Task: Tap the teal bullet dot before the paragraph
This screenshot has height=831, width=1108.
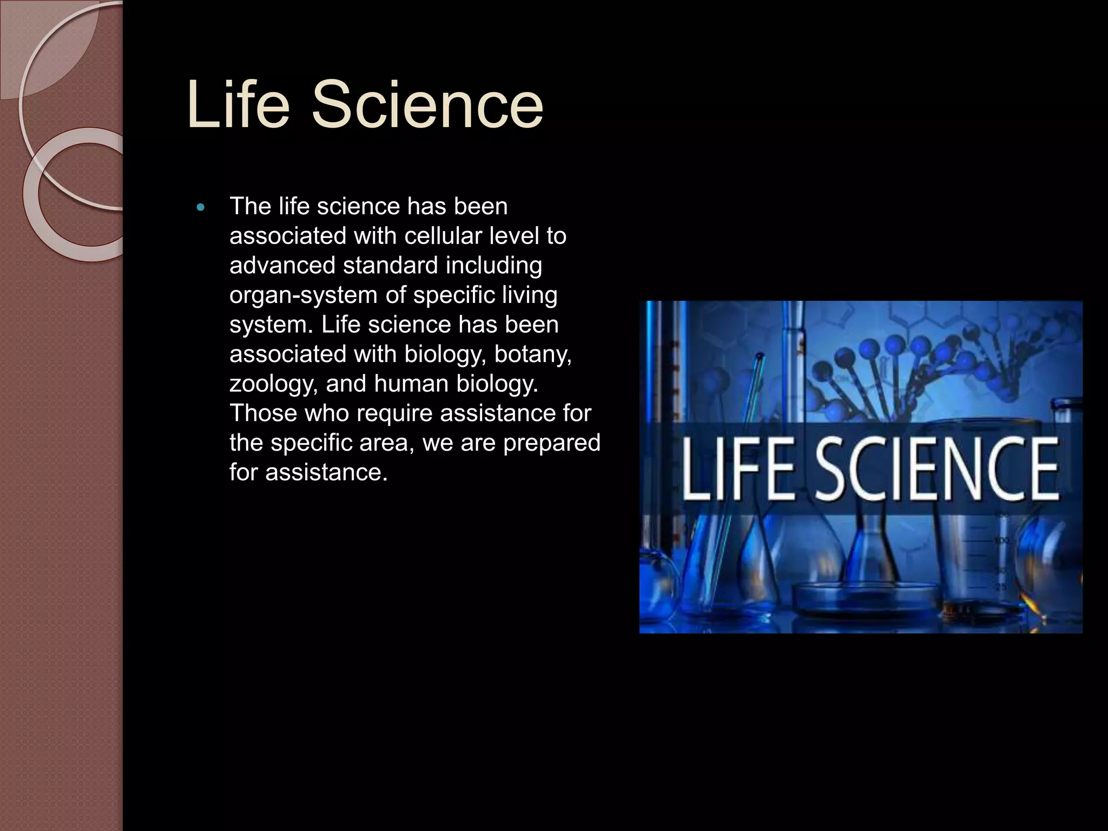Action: (x=201, y=208)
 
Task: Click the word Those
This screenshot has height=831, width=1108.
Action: (x=263, y=413)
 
